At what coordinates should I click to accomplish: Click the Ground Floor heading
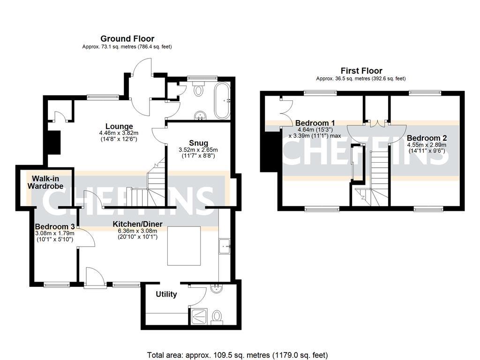[x=127, y=38]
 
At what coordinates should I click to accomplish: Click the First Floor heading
[x=361, y=71]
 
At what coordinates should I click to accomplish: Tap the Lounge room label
[x=119, y=126]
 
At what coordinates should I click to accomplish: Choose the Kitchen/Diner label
[x=137, y=224]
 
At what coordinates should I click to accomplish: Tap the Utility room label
[x=166, y=294]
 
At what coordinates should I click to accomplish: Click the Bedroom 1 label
[x=314, y=123]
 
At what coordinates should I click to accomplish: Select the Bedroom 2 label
[x=427, y=138]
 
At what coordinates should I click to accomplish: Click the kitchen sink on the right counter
[x=225, y=245]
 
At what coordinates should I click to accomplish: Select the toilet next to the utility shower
[x=217, y=317]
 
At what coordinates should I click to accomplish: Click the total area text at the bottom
[x=237, y=355]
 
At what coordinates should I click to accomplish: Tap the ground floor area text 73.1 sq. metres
[x=127, y=47]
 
